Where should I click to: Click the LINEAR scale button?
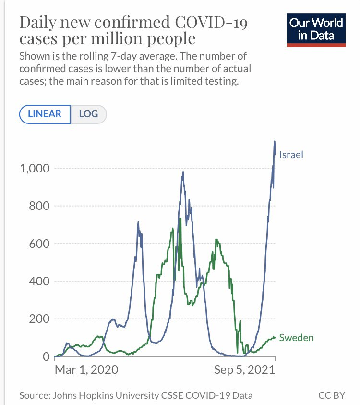pos(45,114)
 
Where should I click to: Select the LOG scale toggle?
pos(88,114)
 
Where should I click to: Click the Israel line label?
pos(291,155)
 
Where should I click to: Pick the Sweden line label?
pos(296,338)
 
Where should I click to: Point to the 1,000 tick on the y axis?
pos(34,169)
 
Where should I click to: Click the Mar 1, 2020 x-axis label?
pos(86,370)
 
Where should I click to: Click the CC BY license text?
pos(332,396)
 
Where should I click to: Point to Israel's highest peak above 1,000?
pos(275,141)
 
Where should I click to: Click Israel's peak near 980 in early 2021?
pos(183,172)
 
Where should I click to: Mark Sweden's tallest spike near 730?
pos(180,219)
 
